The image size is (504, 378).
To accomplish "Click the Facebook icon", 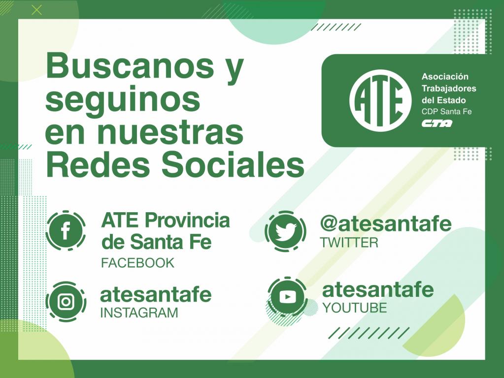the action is tap(66, 230).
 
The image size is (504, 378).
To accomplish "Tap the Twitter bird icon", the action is tap(285, 231).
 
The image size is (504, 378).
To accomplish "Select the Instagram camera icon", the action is tap(66, 302).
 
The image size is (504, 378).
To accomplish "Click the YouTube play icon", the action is tap(287, 297).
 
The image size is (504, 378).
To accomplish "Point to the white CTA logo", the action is tap(437, 124).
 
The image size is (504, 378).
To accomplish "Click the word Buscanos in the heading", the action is tap(130, 66).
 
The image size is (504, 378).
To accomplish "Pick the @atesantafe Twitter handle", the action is tap(386, 223).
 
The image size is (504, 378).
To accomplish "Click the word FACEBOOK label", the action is tap(137, 263).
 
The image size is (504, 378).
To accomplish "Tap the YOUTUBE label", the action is tap(355, 308).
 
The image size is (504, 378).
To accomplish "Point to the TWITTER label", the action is tap(349, 243).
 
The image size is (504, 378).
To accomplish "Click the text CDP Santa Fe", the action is tap(447, 112).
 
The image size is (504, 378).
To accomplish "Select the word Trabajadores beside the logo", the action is tap(449, 89).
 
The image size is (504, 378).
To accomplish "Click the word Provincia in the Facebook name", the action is tap(187, 220).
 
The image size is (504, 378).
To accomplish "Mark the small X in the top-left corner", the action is tap(37, 10).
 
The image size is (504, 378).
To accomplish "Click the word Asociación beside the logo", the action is tap(445, 77).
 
